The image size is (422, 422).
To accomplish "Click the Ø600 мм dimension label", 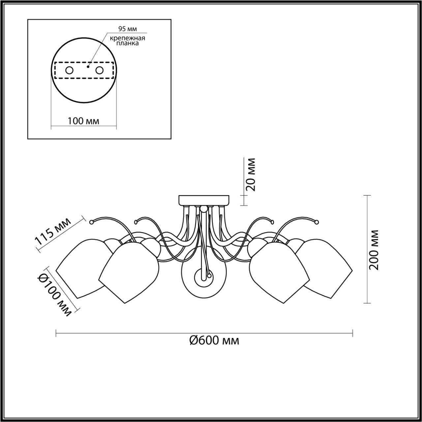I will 214,340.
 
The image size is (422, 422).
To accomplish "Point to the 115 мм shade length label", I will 53,232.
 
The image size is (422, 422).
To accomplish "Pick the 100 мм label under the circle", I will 83,121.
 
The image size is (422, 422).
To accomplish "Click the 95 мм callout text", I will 128,29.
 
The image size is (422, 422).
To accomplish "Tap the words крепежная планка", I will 128,41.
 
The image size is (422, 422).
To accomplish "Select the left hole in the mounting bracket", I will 70,70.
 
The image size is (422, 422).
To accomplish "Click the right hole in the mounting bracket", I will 99,70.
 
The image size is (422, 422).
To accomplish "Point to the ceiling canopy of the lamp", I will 204,200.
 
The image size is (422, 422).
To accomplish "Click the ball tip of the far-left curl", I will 92,222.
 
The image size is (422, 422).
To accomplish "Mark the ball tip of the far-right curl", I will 317,222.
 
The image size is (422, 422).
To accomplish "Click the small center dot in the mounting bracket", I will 87,67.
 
